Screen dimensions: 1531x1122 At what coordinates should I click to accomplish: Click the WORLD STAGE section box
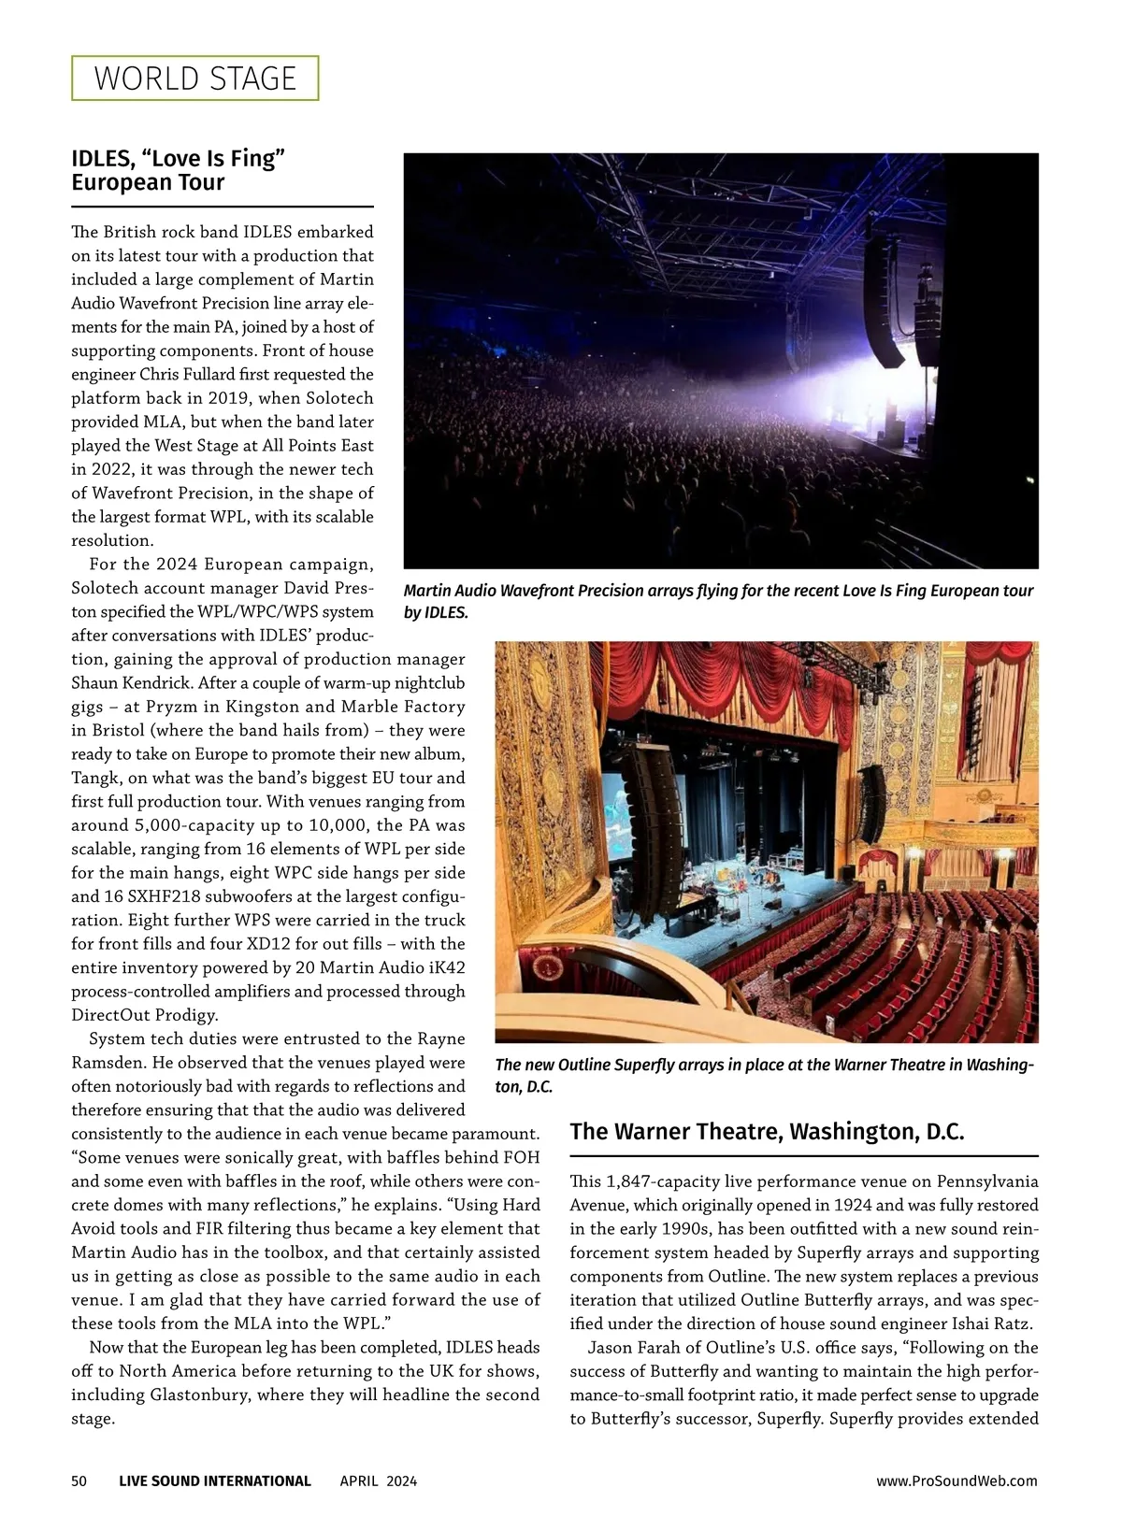click(194, 79)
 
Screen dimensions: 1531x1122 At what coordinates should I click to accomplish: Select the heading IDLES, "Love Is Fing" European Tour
click(178, 170)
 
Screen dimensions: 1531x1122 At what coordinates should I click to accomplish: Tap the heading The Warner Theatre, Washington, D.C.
click(767, 1132)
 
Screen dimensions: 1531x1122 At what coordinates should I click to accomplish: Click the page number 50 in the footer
click(79, 1481)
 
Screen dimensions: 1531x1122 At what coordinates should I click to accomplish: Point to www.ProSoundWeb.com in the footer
click(957, 1481)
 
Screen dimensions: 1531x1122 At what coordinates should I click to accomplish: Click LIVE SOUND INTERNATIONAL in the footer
click(215, 1481)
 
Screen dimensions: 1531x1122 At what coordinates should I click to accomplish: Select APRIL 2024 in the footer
click(379, 1481)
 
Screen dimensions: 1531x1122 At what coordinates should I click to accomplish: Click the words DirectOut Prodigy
click(145, 1015)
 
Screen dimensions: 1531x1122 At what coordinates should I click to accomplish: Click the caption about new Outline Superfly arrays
click(764, 1075)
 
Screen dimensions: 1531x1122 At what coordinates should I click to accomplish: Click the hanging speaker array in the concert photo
click(884, 299)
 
